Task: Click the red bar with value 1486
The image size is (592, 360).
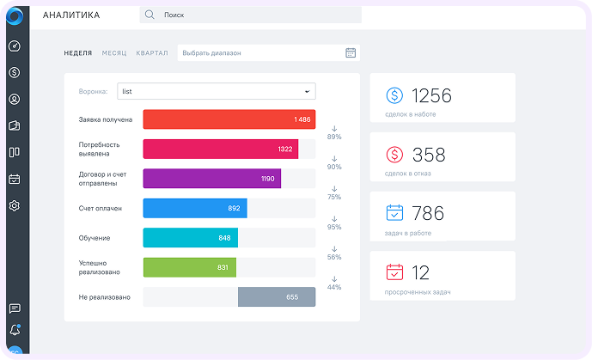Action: click(229, 119)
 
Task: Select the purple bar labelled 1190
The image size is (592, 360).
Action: click(212, 179)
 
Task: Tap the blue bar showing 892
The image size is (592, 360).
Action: click(195, 208)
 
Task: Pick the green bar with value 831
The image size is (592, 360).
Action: click(190, 267)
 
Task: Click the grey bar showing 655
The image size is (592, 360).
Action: click(277, 297)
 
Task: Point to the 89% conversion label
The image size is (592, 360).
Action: click(334, 137)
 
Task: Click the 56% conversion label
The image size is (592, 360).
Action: click(334, 257)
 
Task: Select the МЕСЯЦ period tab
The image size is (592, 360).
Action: click(114, 53)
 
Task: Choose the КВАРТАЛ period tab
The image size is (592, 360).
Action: click(152, 53)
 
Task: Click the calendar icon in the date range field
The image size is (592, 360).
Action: click(351, 52)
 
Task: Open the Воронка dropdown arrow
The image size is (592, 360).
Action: click(308, 91)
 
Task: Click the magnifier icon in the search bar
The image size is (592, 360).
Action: click(150, 15)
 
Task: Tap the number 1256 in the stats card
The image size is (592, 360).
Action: click(431, 95)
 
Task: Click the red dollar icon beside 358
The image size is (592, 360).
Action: click(394, 155)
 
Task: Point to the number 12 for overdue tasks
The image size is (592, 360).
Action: click(420, 272)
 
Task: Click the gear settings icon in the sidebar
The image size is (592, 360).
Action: click(15, 205)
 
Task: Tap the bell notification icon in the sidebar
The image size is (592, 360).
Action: click(15, 330)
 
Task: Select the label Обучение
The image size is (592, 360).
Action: click(95, 238)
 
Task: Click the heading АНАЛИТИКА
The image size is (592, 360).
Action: click(71, 15)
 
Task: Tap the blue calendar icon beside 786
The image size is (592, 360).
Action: click(394, 213)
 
